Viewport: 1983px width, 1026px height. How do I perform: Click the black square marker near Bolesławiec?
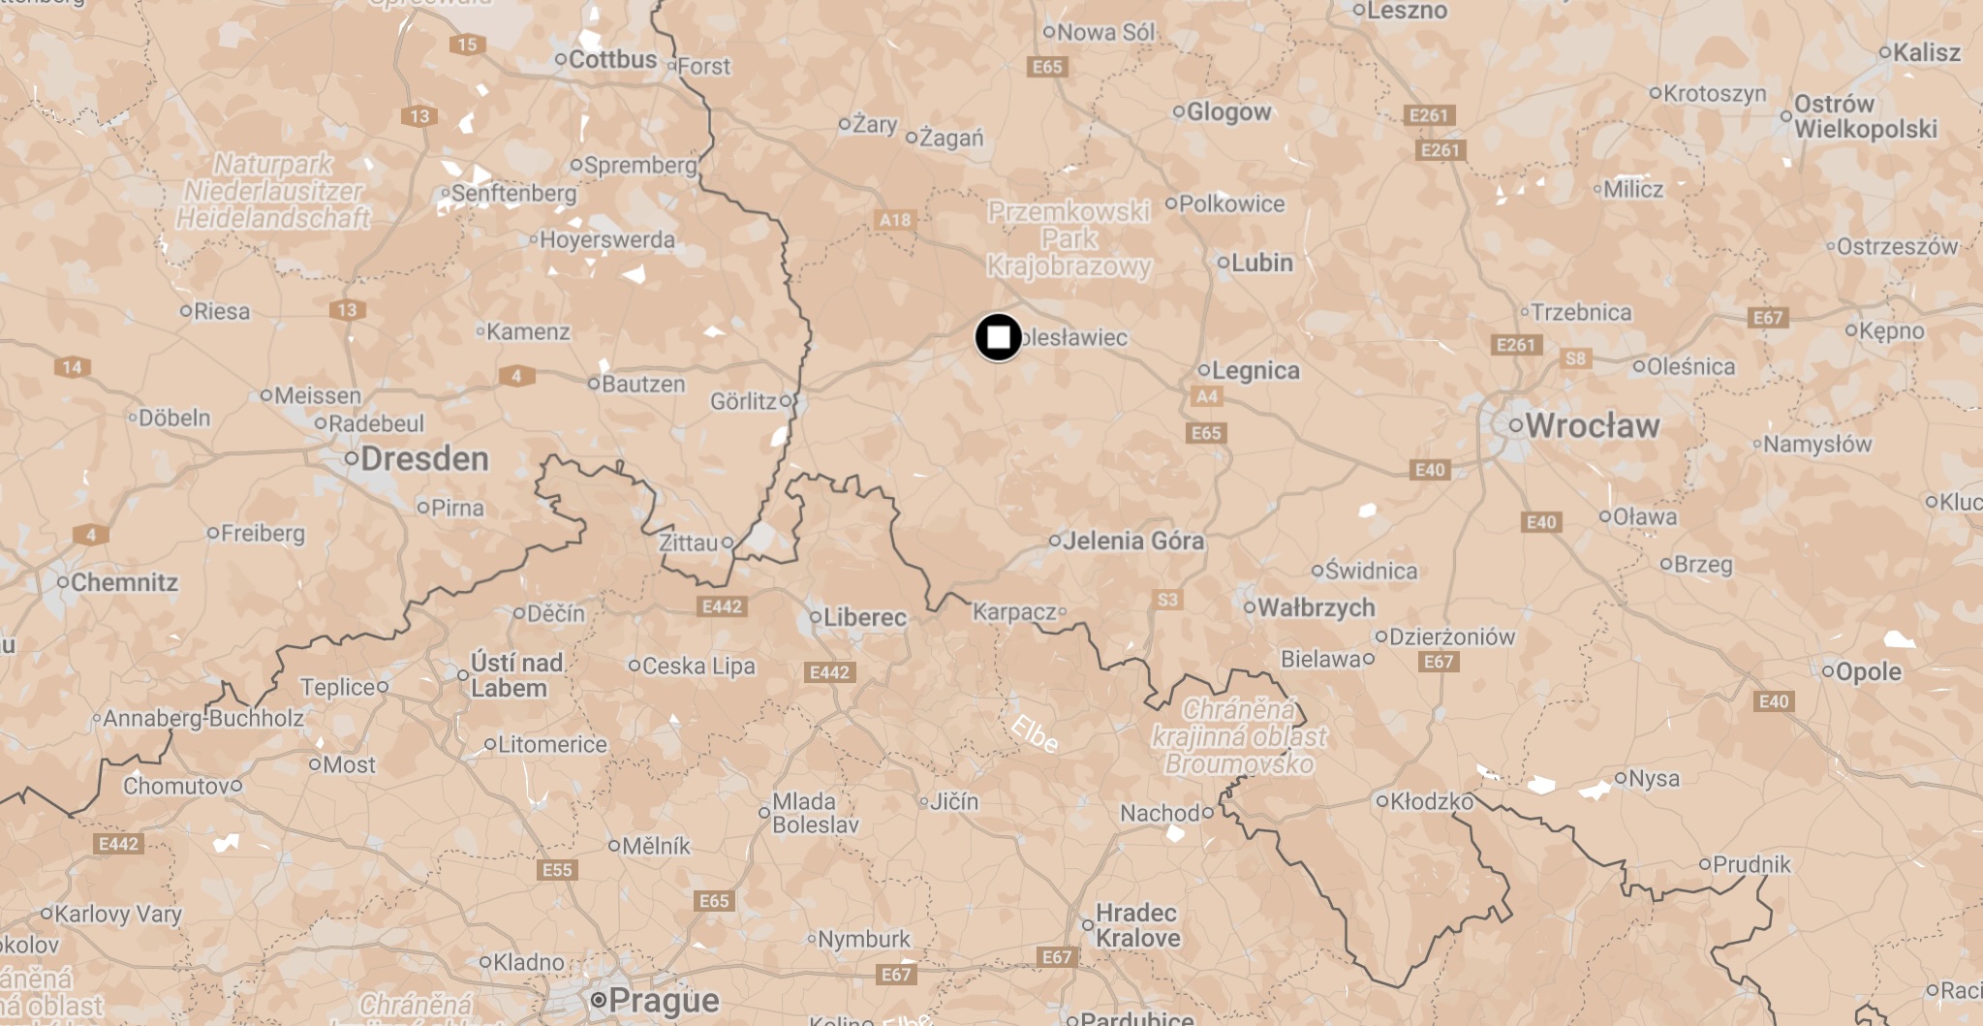998,338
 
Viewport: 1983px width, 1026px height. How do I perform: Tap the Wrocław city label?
1592,425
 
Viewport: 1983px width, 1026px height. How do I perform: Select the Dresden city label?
423,458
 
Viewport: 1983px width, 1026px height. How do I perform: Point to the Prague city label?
665,1001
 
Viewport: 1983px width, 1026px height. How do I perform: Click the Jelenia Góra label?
1132,541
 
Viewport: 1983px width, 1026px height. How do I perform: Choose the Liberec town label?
864,617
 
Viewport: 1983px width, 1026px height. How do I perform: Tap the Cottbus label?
612,59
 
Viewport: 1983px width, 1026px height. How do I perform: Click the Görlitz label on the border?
743,401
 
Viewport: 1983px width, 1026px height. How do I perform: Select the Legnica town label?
1255,370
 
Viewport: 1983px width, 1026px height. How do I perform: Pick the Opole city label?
1868,671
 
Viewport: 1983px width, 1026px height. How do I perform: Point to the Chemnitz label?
124,582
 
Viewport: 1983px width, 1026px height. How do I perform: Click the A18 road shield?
895,220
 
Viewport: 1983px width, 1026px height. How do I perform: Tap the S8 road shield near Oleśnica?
1576,359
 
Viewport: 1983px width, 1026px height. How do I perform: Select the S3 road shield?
1168,600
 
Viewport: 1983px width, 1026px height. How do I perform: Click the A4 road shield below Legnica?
1207,396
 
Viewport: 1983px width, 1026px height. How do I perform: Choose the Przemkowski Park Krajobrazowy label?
1069,238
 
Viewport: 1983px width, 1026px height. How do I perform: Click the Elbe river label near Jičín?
1035,734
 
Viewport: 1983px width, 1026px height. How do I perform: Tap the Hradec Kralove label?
1137,925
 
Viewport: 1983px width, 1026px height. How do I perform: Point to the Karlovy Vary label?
117,914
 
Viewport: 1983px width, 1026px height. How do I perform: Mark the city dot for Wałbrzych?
1250,608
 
